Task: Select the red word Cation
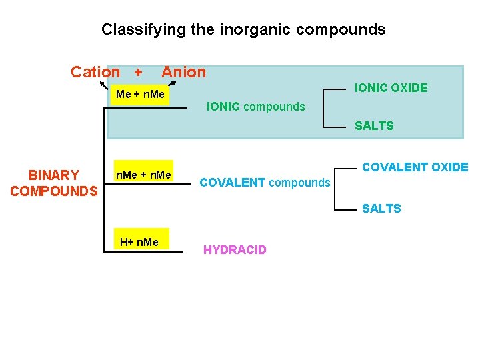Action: (x=95, y=72)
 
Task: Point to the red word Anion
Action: (x=184, y=72)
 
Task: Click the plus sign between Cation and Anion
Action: (x=138, y=72)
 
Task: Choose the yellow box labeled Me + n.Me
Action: (x=139, y=95)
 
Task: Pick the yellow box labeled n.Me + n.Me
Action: (x=143, y=175)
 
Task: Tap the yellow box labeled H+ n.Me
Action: (x=139, y=241)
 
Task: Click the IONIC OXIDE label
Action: (x=391, y=87)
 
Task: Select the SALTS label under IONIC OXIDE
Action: (x=374, y=125)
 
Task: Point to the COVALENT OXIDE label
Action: (x=415, y=167)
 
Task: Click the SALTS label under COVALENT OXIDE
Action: (x=381, y=209)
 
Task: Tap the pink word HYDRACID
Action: (x=235, y=250)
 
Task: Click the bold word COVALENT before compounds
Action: (x=232, y=182)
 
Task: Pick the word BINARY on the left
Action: (x=54, y=175)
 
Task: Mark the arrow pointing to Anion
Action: (x=172, y=83)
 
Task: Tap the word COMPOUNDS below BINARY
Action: (x=54, y=191)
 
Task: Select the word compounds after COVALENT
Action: (x=299, y=182)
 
